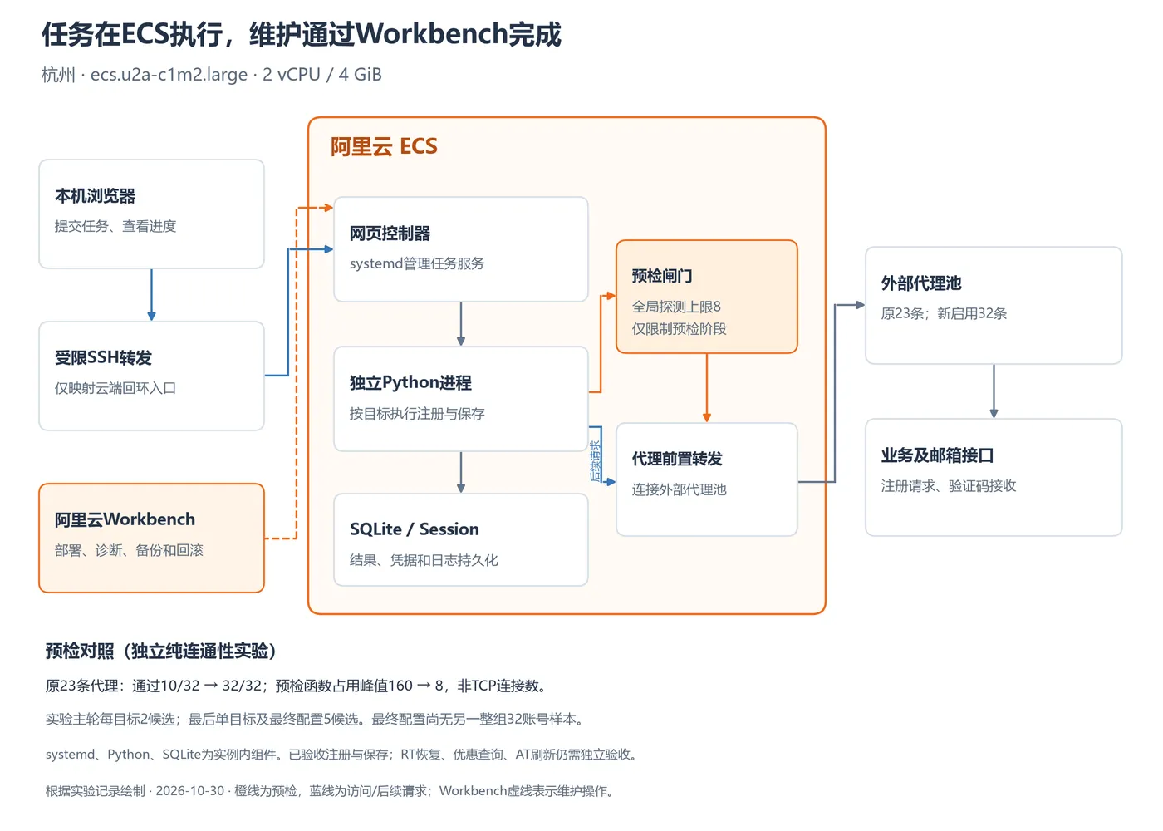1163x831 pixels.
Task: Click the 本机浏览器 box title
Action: tap(95, 196)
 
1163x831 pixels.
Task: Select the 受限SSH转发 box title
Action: tap(103, 357)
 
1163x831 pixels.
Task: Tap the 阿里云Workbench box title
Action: tap(125, 519)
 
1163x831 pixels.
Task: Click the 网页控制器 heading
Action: tap(390, 234)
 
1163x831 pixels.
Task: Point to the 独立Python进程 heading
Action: tap(410, 383)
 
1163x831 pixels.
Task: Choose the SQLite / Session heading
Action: tap(415, 529)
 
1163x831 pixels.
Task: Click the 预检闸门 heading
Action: tap(662, 276)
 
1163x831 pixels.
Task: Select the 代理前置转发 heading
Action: tap(677, 459)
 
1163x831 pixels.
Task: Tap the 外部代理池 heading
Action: tap(921, 283)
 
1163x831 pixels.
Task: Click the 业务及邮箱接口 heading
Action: tap(937, 455)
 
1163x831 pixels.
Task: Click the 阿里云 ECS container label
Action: tap(384, 146)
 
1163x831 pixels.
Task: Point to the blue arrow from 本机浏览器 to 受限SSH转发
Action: tap(151, 294)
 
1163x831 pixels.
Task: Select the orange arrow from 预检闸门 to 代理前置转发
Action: tap(707, 388)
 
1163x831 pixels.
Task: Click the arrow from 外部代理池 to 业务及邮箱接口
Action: tap(994, 391)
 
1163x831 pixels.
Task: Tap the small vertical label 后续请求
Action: tap(595, 460)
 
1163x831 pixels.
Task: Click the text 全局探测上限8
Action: tap(676, 307)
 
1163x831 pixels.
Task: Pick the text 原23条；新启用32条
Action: tap(944, 313)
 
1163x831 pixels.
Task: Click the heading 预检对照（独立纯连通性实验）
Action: tap(160, 650)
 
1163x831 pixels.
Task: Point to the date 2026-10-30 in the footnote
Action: tap(190, 790)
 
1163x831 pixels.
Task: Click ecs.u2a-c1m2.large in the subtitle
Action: tap(169, 74)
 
